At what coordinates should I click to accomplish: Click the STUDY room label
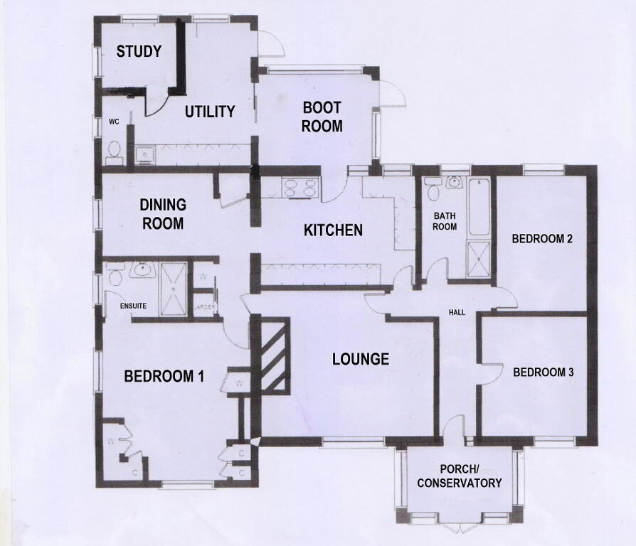click(x=139, y=51)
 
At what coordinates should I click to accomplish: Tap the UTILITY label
click(x=210, y=112)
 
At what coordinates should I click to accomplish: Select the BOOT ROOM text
click(x=322, y=117)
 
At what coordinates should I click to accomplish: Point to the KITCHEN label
click(x=333, y=230)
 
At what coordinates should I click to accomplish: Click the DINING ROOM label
click(x=163, y=214)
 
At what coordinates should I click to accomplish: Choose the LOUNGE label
click(x=361, y=359)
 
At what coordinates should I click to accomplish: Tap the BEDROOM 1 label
click(x=164, y=376)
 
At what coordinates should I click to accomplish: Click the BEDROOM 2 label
click(x=542, y=239)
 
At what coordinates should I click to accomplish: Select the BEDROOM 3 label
click(x=544, y=372)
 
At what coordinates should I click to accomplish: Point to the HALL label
click(x=457, y=313)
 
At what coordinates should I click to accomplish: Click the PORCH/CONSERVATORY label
click(x=460, y=476)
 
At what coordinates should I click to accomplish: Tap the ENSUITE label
click(x=133, y=306)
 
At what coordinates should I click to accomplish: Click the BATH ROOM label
click(x=445, y=221)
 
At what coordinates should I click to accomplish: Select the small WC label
click(x=114, y=122)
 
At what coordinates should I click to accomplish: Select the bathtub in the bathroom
click(x=479, y=207)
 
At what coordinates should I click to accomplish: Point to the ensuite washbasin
click(x=142, y=269)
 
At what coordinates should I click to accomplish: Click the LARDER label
click(x=204, y=308)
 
